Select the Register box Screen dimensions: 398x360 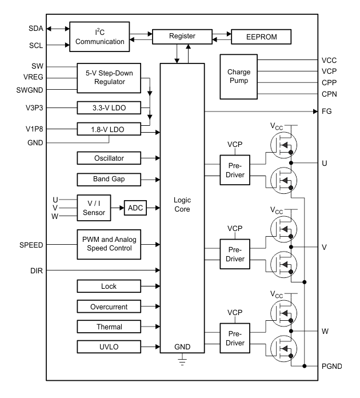(x=182, y=36)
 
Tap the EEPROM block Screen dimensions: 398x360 (x=261, y=36)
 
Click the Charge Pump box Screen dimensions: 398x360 (x=239, y=77)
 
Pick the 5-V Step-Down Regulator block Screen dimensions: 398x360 (x=109, y=77)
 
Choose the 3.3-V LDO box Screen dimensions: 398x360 (x=109, y=107)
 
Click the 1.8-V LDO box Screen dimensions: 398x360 (x=109, y=130)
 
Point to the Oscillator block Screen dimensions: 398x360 (x=109, y=157)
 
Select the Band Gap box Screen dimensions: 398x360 (x=109, y=180)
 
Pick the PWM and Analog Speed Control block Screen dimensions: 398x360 (x=109, y=244)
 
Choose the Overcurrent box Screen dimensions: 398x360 (x=109, y=307)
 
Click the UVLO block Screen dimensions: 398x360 (x=109, y=347)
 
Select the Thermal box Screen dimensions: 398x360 (x=109, y=327)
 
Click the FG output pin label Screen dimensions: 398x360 (x=326, y=112)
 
